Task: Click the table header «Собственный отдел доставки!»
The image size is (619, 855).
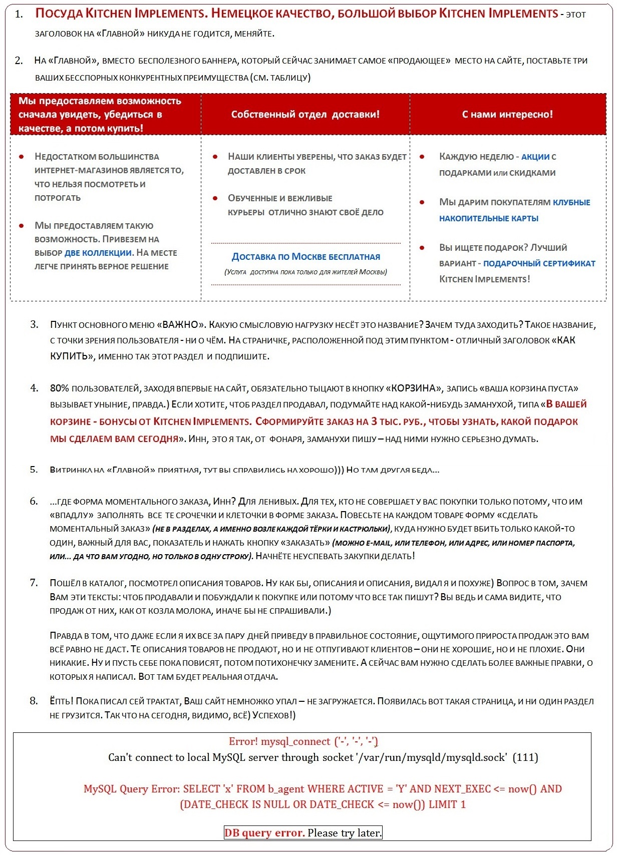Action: coord(305,114)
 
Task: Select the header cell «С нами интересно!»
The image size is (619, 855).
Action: coord(507,114)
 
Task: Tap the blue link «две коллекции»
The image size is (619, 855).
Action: coord(98,253)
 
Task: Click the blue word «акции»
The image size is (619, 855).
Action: coord(535,157)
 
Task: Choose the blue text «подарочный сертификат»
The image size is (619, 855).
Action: coord(539,263)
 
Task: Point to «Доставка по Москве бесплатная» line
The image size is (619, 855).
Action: coord(305,257)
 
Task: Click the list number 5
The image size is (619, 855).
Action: coord(34,470)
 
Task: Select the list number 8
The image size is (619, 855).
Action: coord(34,701)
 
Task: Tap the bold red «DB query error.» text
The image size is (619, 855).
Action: coord(264,833)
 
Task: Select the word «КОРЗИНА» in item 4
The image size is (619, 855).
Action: coord(413,388)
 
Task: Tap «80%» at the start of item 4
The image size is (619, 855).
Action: coord(59,388)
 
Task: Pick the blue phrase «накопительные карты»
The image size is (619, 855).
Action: coord(488,218)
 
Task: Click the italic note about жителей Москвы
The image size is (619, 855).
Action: coord(305,272)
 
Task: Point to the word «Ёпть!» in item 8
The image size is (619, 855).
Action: coord(61,701)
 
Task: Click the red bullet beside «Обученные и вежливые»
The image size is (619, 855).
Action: coord(215,198)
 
